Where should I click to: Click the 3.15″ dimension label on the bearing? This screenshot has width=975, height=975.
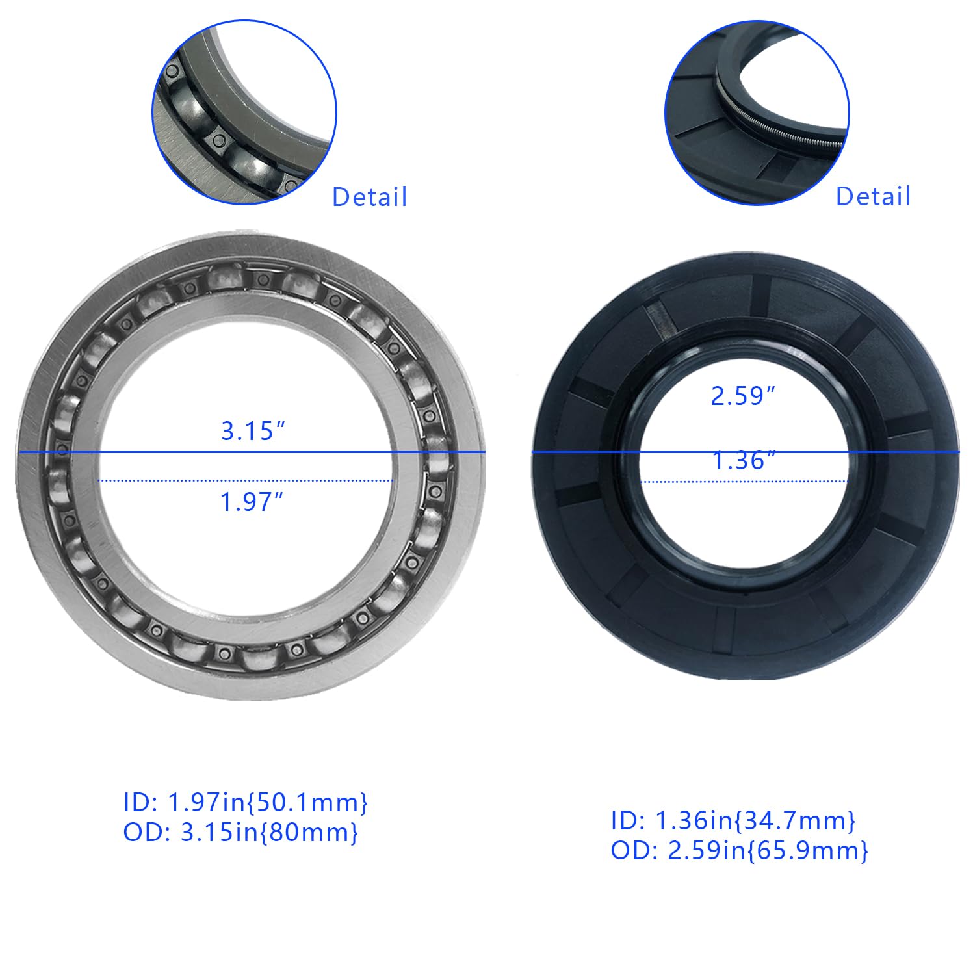(253, 431)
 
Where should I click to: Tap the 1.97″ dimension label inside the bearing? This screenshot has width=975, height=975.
(252, 502)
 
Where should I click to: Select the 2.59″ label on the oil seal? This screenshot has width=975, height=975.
(744, 396)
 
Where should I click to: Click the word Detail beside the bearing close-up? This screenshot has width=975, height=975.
(369, 197)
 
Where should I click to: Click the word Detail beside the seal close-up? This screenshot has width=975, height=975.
(873, 196)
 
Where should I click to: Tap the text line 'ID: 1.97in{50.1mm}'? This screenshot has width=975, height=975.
(246, 803)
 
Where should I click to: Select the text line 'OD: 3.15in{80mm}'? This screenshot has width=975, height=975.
(240, 833)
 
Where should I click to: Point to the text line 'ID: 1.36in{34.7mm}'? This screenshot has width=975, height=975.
(733, 821)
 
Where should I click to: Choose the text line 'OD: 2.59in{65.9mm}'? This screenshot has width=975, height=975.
(739, 851)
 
